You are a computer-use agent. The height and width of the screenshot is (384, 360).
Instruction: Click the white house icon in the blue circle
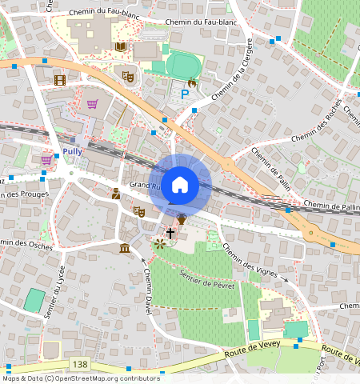[180, 185]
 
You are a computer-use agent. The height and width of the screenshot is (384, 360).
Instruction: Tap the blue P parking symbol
[186, 94]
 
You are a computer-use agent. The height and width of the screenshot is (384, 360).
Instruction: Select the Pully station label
[72, 150]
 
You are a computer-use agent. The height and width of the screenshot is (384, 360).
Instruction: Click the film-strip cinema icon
[60, 79]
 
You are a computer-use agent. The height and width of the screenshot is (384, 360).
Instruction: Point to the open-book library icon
[120, 48]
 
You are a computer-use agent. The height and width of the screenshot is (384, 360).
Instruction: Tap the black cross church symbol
[170, 232]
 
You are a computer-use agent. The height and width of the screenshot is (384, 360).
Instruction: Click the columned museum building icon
[126, 250]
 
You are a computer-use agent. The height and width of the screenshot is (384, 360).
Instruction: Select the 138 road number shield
[80, 364]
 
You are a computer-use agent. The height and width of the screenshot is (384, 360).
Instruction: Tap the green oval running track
[184, 65]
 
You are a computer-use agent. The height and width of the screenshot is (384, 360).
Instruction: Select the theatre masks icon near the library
[127, 77]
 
